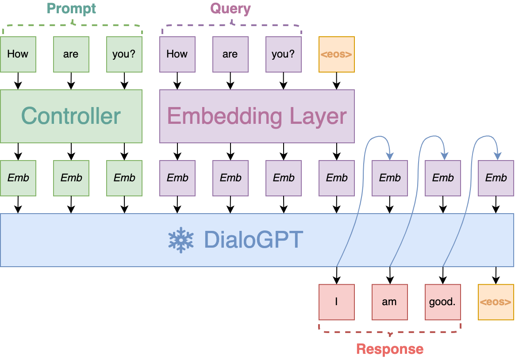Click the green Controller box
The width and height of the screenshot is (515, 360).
click(x=71, y=116)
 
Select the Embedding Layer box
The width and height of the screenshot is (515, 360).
click(x=257, y=116)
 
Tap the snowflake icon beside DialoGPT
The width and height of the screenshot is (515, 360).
click(x=181, y=240)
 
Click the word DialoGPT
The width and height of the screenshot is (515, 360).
click(x=253, y=240)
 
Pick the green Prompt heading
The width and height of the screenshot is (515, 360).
click(x=71, y=8)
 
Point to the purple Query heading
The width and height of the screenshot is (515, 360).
click(x=231, y=8)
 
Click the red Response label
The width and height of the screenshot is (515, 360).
click(x=390, y=349)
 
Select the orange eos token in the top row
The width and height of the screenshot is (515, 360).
click(x=336, y=54)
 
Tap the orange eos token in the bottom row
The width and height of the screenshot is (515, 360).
click(x=496, y=302)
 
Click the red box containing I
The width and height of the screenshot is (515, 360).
click(x=336, y=302)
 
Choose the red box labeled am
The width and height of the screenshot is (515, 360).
click(x=389, y=302)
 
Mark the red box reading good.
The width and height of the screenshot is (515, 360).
click(x=442, y=302)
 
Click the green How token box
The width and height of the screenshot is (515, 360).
click(x=18, y=54)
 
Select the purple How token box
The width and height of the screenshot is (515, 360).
click(x=177, y=54)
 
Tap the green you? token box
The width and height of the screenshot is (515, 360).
click(x=124, y=54)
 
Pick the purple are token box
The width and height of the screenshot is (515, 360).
click(x=230, y=54)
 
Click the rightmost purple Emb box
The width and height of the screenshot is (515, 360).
click(x=496, y=178)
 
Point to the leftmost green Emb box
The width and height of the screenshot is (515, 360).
click(x=18, y=178)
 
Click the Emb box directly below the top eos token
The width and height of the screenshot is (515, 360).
click(x=336, y=178)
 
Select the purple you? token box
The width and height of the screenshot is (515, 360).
click(x=283, y=54)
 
